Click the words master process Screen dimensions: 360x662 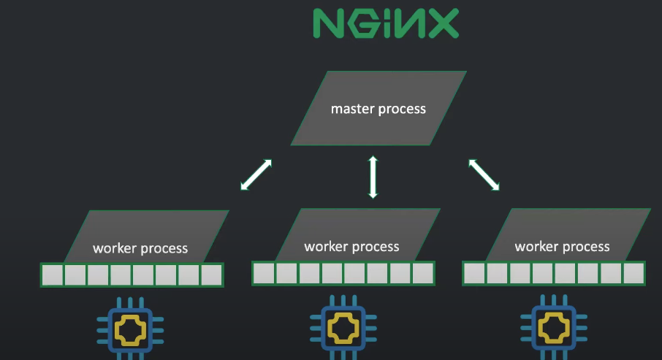point(378,109)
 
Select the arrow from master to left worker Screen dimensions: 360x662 point(256,175)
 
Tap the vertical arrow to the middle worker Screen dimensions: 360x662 point(373,176)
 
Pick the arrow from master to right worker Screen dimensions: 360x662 point(484,175)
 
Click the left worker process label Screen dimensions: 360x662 point(140,248)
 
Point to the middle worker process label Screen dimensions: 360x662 point(351,246)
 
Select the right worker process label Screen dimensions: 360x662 point(562,246)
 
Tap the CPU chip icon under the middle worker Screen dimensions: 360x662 point(338,331)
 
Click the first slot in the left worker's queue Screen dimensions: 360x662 point(53,275)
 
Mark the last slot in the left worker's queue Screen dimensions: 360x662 point(211,275)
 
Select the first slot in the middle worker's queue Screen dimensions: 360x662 point(264,273)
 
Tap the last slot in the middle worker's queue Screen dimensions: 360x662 point(422,273)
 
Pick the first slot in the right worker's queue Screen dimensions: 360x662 point(475,273)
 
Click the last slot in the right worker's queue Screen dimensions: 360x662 point(634,273)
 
